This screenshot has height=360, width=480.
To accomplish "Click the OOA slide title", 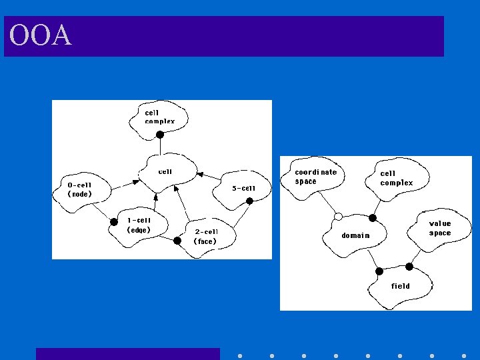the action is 41,35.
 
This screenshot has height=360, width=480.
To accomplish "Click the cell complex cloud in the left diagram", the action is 158,119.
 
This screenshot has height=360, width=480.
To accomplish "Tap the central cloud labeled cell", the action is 167,173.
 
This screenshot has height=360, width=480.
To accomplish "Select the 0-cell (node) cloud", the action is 82,192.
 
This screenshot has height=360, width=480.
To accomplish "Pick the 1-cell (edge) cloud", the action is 139,227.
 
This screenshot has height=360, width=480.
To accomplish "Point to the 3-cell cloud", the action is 242,190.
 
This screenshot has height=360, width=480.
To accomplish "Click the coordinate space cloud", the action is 313,178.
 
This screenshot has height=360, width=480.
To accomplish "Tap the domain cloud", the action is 355,236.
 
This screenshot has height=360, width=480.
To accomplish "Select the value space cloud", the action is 439,230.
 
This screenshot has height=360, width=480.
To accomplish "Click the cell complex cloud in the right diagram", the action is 397,179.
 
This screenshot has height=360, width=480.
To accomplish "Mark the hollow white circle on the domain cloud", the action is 338,217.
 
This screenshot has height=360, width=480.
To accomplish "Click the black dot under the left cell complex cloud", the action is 160,135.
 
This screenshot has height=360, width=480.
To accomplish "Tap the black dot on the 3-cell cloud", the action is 249,201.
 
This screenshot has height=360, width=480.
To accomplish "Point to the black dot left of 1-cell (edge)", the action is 113,222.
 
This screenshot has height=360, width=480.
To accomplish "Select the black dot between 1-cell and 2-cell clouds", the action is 177,241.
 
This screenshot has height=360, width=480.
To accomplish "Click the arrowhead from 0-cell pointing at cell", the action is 135,182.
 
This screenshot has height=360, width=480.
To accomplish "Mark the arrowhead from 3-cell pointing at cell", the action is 200,175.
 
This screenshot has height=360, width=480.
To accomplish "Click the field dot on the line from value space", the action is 409,267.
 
